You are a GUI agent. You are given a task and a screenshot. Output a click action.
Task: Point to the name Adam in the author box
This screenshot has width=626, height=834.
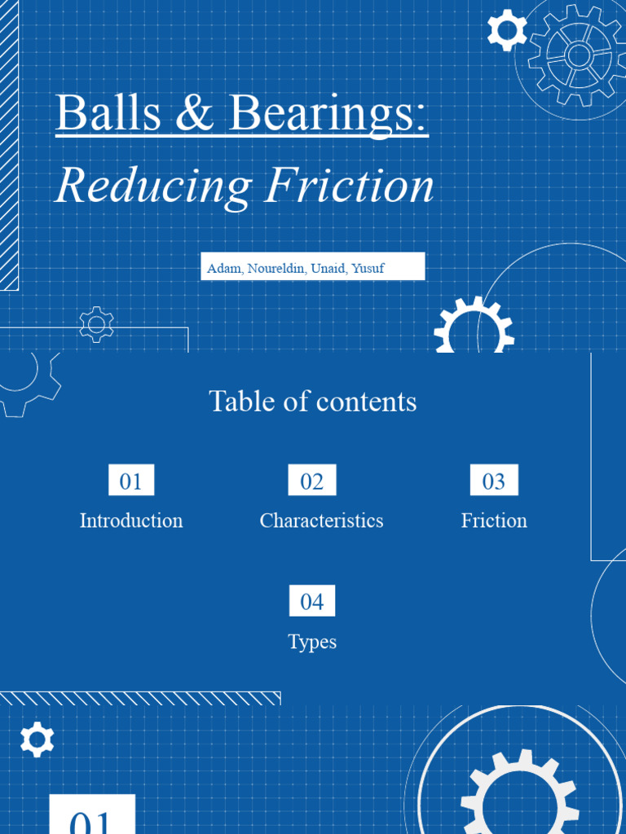pyautogui.click(x=223, y=268)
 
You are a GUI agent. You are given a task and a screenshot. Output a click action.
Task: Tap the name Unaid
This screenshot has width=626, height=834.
pyautogui.click(x=328, y=268)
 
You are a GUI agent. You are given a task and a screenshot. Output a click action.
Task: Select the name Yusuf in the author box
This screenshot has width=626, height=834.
pyautogui.click(x=368, y=268)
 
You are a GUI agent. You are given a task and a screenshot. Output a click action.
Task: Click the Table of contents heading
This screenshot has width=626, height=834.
pyautogui.click(x=312, y=401)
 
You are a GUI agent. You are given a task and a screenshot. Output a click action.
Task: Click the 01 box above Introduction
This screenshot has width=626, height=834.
pyautogui.click(x=131, y=481)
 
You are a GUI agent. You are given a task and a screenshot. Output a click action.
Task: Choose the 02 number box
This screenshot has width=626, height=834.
pyautogui.click(x=312, y=481)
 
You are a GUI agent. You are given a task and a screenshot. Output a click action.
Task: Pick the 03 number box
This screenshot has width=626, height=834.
pyautogui.click(x=494, y=481)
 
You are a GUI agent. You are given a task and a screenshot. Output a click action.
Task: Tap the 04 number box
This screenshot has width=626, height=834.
pyautogui.click(x=312, y=602)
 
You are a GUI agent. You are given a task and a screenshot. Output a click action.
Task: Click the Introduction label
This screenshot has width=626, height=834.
pyautogui.click(x=131, y=520)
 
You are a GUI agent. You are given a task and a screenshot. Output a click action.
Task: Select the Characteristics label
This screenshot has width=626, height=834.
pyautogui.click(x=321, y=520)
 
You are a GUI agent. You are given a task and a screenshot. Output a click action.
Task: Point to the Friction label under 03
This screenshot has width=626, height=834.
pyautogui.click(x=494, y=520)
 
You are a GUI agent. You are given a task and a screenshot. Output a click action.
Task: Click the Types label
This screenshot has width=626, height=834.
pyautogui.click(x=312, y=642)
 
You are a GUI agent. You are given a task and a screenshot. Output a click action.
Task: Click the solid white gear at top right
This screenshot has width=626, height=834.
pyautogui.click(x=506, y=30)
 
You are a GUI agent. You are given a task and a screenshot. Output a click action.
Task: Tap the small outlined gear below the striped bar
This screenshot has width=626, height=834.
pyautogui.click(x=97, y=324)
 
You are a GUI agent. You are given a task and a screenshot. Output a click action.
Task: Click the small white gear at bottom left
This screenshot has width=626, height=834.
pyautogui.click(x=37, y=740)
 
